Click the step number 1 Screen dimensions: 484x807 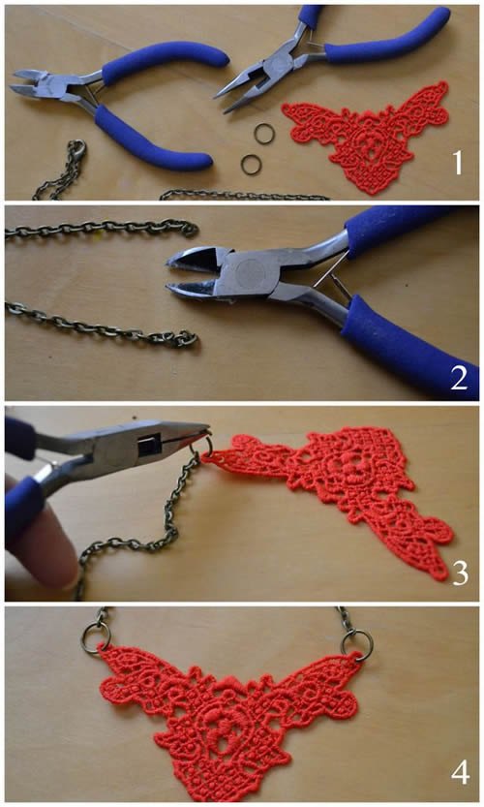tap(457, 163)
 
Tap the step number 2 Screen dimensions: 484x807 tap(459, 377)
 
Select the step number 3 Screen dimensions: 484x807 tap(461, 573)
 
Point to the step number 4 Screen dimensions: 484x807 tap(461, 772)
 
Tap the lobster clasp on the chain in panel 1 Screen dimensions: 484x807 tap(78, 149)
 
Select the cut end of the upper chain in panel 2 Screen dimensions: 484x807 tap(190, 228)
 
